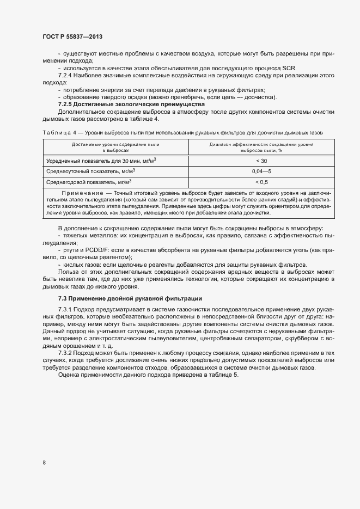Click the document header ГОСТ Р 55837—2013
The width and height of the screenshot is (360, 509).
[72, 36]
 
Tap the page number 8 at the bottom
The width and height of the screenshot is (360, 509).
[44, 462]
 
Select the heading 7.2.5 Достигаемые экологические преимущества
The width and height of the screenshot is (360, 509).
[131, 103]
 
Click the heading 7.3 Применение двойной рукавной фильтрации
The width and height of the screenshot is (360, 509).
[130, 298]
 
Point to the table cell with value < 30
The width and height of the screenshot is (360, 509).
[261, 161]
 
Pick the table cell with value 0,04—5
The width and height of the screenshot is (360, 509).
[261, 171]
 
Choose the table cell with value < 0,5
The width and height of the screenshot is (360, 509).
[261, 182]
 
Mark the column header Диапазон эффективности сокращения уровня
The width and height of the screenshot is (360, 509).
[261, 144]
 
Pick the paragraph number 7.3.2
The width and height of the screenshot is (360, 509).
[65, 353]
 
